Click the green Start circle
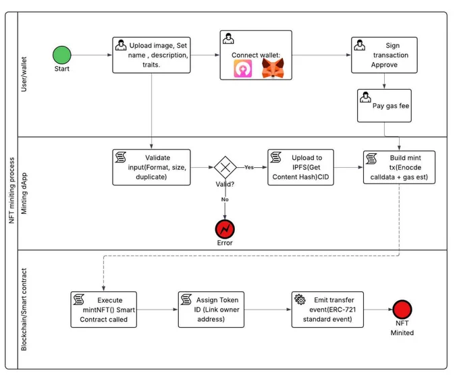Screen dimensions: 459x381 62,55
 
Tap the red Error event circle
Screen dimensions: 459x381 225,229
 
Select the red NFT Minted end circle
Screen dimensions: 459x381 402,310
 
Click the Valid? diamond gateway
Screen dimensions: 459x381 225,167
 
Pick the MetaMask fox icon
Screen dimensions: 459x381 273,68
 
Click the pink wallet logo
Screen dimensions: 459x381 243,69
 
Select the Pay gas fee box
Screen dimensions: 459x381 384,106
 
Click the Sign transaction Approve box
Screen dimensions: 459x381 384,55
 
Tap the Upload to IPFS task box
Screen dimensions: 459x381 300,167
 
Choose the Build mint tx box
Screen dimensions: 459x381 400,167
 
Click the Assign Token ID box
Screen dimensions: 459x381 211,310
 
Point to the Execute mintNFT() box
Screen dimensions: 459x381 104,310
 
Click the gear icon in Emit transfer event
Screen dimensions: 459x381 300,299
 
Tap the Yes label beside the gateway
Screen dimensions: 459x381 249,167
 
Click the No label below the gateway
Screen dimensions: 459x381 225,200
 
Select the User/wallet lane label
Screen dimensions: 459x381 24,74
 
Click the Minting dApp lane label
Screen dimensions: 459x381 24,194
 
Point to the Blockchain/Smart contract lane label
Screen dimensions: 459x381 24,310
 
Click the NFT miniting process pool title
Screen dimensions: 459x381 11,190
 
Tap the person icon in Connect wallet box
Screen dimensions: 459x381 228,38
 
